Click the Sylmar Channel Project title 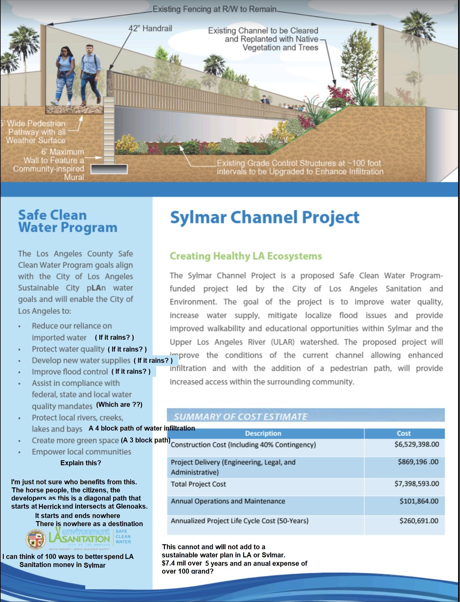265,217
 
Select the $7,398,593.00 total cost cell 417,484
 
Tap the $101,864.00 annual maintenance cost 419,501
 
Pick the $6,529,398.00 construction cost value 417,444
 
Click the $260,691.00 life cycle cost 419,521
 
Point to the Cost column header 403,433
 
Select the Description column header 263,433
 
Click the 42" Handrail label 150,29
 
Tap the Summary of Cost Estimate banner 240,417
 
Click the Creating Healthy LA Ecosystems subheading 246,256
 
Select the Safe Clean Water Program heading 67,221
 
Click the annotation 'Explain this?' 81,463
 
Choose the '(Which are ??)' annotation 119,405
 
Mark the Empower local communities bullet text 81,452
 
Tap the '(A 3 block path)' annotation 146,440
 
